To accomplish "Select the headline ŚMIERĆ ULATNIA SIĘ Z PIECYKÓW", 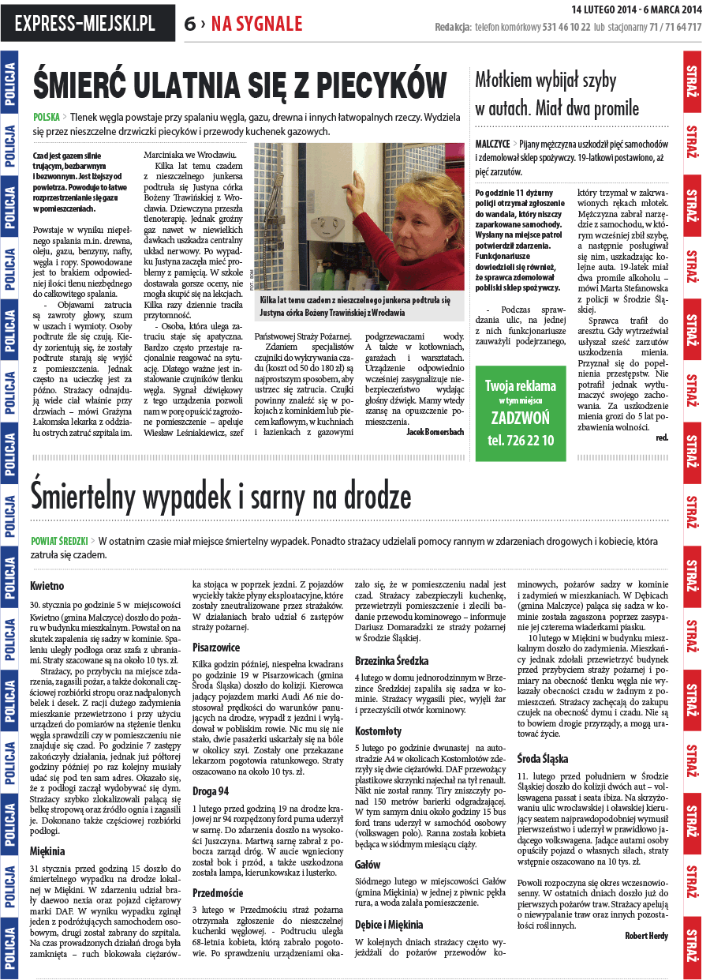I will (x=240, y=84).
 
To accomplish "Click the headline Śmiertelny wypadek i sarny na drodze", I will (x=220, y=497).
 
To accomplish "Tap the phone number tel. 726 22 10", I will (x=520, y=441).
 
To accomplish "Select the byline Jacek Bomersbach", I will (x=435, y=432).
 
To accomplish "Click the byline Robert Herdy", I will (x=646, y=936).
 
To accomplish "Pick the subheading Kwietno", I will (x=47, y=587).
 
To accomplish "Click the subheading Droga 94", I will (x=211, y=790).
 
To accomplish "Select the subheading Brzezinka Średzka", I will (x=392, y=660).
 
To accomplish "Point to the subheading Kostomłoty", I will (x=378, y=731).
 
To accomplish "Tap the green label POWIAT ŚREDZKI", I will (x=58, y=542).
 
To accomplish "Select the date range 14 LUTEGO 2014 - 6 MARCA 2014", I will (x=636, y=9).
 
